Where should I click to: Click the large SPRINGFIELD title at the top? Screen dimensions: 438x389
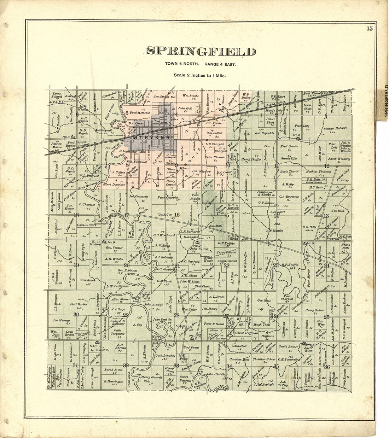201,52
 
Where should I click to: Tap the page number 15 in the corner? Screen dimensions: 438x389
369,29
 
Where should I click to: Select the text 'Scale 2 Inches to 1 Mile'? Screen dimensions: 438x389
200,75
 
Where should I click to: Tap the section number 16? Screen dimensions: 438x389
177,215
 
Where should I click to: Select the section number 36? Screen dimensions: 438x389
327,367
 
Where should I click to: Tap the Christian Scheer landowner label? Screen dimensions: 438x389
264,359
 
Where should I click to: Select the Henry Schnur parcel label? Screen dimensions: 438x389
314,310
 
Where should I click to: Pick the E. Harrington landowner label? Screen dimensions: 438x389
114,381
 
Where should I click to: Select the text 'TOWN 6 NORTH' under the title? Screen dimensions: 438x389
180,64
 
